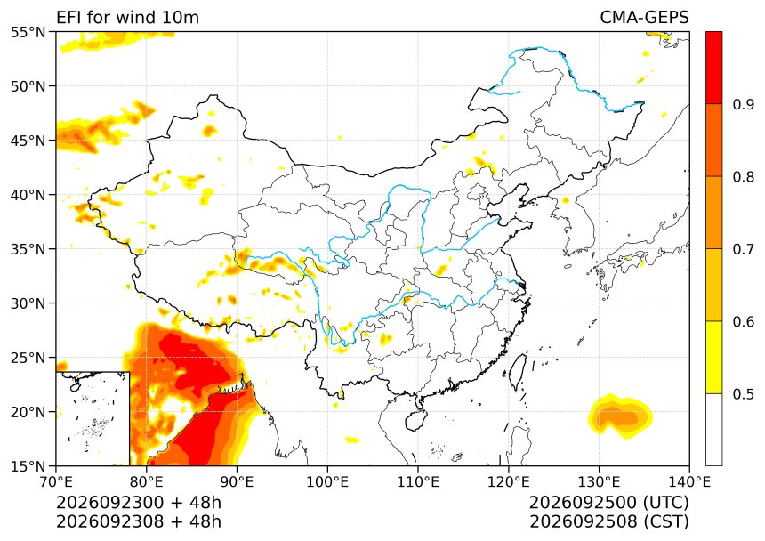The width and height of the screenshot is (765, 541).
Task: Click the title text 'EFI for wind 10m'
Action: [x=127, y=18]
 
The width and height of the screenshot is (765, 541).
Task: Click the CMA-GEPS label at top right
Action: [x=644, y=18]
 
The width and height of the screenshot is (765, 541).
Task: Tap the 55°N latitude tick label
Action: [x=28, y=32]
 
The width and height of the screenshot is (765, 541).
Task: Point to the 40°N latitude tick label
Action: [x=28, y=195]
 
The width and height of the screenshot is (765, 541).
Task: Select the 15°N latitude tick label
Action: [x=28, y=466]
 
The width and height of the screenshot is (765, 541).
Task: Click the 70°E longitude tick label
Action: [x=56, y=482]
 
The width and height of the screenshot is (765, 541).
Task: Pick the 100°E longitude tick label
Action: [x=327, y=482]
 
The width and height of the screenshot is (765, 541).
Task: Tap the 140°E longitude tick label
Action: [x=689, y=482]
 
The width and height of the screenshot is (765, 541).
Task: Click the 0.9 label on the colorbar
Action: [x=744, y=104]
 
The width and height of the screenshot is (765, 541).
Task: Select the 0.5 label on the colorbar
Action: [x=744, y=394]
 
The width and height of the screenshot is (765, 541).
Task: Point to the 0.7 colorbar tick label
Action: [x=744, y=249]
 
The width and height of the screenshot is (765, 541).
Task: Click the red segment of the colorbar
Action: [x=713, y=68]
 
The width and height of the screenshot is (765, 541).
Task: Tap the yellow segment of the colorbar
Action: [x=713, y=357]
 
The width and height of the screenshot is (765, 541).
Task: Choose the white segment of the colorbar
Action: [x=713, y=429]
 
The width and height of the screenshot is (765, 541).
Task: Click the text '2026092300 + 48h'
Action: [x=139, y=502]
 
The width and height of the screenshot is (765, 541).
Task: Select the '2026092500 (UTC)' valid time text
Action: [x=608, y=502]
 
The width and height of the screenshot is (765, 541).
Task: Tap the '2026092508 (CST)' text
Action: [x=608, y=521]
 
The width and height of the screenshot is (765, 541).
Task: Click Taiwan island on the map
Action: [x=518, y=371]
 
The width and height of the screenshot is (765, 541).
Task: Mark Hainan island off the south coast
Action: [x=416, y=419]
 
